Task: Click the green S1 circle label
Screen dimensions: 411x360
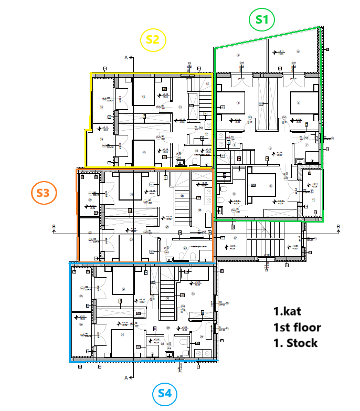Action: tap(262, 20)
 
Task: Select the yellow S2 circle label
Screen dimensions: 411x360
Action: tap(153, 40)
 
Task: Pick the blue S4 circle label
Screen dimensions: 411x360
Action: tap(164, 393)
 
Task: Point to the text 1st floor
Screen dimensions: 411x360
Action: tap(297, 327)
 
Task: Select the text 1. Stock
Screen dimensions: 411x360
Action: tap(295, 343)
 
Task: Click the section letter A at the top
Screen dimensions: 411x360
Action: tap(126, 57)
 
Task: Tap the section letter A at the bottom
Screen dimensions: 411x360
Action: tap(126, 377)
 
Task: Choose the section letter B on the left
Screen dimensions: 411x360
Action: tap(54, 227)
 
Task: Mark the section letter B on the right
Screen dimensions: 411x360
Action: tap(338, 227)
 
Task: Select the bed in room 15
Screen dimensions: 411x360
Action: tap(143, 152)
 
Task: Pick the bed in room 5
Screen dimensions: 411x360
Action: tap(261, 185)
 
